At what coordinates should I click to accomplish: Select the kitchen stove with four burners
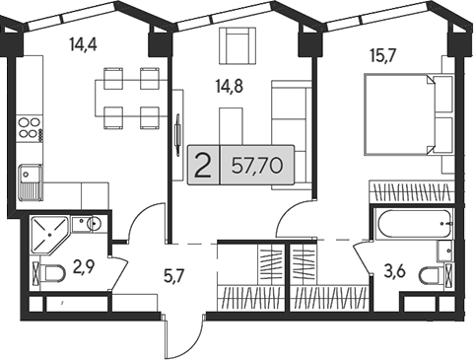29,127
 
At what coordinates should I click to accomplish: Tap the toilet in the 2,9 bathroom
48,272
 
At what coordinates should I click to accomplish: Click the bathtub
412,226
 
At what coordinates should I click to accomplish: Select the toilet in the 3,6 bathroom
431,273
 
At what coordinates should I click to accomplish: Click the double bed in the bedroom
406,116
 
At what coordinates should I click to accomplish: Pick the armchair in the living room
237,44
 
